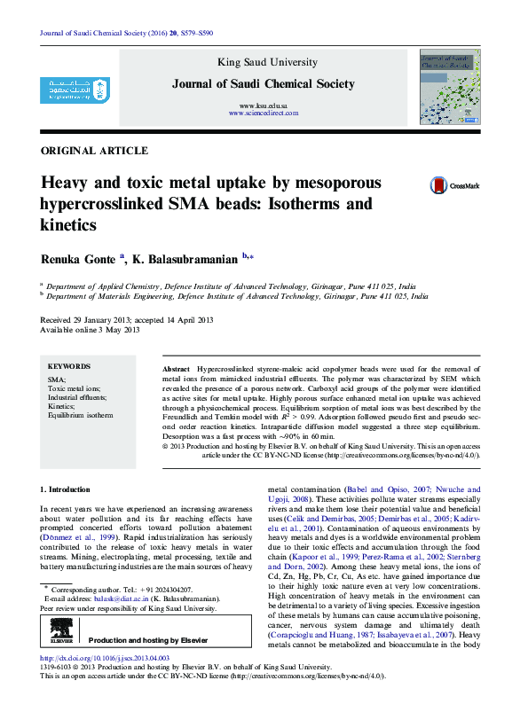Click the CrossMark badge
click(x=454, y=185)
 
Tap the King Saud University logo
click(x=75, y=92)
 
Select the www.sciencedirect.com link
click(x=263, y=114)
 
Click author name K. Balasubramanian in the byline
click(x=186, y=259)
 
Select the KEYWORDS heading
click(x=69, y=366)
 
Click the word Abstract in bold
click(x=177, y=367)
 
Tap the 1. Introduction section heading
click(x=66, y=489)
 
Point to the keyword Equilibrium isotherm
click(x=80, y=414)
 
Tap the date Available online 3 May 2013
click(x=91, y=330)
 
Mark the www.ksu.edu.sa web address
click(x=263, y=106)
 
